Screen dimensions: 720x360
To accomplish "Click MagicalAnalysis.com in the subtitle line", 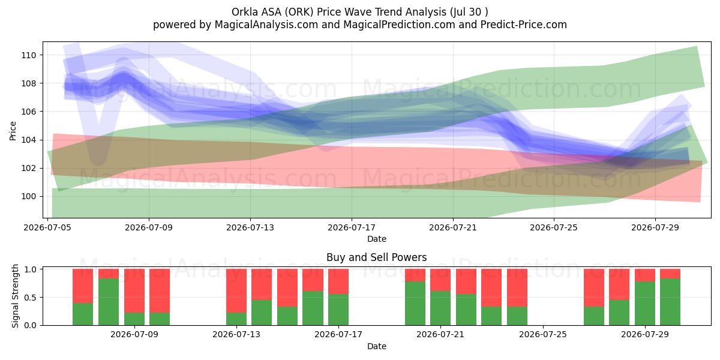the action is pos(266,25).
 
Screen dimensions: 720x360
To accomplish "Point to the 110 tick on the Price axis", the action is pos(29,55).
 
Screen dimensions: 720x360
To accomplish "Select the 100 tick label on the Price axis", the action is pos(29,196).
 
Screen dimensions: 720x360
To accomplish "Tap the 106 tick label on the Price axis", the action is pos(29,112).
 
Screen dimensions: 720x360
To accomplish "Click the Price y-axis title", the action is pos(13,131).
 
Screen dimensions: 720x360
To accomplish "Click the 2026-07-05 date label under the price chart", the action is pos(47,227).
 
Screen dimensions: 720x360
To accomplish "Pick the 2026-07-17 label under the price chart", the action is pos(352,227).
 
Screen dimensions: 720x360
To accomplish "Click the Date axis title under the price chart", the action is pos(377,239).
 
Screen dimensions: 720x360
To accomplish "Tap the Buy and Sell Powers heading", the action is pos(377,257).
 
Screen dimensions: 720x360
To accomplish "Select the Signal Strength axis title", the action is pos(15,296).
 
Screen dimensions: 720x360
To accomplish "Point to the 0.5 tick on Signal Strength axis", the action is pos(31,298).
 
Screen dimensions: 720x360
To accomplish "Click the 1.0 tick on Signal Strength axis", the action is pos(31,269).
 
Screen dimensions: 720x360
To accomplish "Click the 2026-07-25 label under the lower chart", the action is pos(543,334).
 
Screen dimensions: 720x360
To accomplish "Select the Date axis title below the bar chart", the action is pos(377,346).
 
